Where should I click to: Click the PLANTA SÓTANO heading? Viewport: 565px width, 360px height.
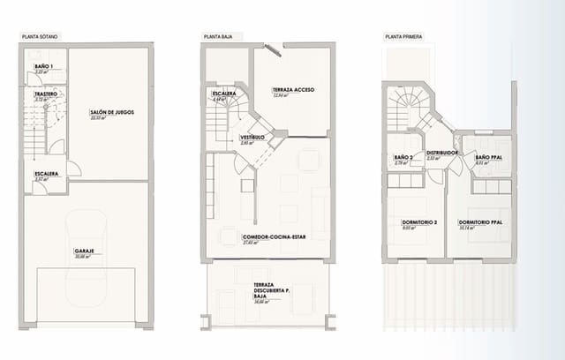pos(41,37)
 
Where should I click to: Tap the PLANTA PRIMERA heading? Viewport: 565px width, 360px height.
pos(403,37)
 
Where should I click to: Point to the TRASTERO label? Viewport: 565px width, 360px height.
pos(46,94)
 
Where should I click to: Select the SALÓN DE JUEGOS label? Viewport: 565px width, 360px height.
pos(111,112)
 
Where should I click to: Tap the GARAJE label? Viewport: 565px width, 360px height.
pos(85,251)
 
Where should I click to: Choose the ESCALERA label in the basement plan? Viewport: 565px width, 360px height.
pos(46,173)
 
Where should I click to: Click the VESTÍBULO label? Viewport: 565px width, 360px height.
pos(252,137)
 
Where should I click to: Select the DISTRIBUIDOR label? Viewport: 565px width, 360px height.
pos(442,152)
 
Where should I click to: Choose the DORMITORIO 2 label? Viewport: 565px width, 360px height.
pos(407,221)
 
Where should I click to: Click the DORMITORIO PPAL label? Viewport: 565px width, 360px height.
pos(480,221)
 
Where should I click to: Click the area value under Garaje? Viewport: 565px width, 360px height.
pos(85,257)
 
